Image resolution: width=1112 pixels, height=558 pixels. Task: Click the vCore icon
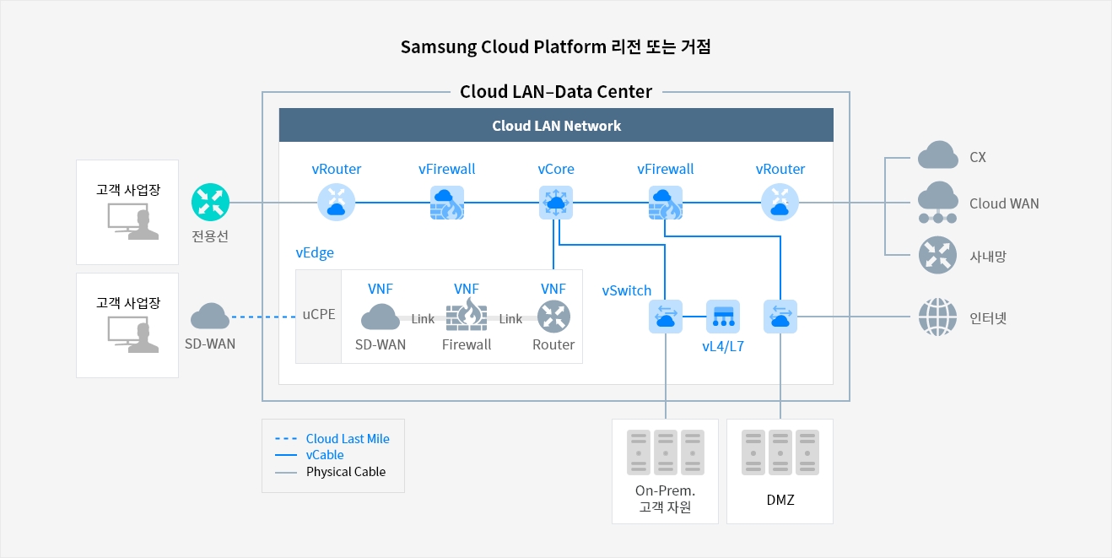point(555,203)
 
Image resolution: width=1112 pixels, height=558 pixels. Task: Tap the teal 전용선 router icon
point(210,203)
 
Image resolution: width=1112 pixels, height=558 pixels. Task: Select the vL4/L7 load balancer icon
point(723,316)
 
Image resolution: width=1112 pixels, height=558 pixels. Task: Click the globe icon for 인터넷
point(937,317)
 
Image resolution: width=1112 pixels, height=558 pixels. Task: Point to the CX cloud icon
point(937,154)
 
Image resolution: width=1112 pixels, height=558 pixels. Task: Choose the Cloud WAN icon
point(937,203)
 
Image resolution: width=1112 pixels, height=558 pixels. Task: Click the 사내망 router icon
point(937,255)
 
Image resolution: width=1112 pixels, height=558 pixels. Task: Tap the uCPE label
point(319,314)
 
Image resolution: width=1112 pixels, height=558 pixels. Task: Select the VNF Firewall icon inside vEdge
point(467,315)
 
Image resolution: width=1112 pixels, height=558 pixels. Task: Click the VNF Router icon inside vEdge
point(553,317)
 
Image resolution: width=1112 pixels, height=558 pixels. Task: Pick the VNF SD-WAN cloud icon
point(381,317)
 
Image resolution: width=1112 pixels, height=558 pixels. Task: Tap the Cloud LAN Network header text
point(556,126)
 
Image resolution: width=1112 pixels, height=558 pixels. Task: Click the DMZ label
point(780,500)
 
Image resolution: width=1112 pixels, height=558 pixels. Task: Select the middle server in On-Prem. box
point(665,452)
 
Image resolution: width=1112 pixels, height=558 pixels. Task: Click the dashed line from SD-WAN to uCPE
point(263,317)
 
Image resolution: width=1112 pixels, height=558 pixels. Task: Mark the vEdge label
point(315,252)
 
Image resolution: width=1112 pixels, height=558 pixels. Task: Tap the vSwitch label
point(627,290)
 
